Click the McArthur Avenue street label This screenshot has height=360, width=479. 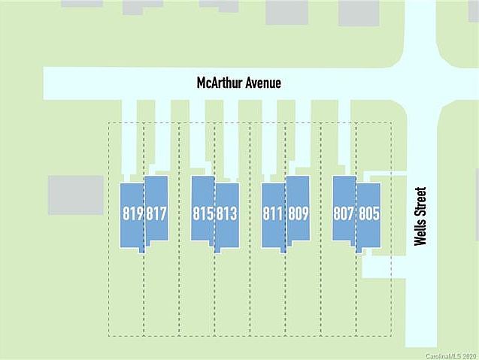239,83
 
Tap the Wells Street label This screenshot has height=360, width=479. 420,216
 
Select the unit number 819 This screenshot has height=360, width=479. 133,213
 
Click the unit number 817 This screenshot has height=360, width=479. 156,213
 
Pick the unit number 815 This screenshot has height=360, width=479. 203,213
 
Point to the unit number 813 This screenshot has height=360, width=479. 227,213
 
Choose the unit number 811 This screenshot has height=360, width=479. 272,213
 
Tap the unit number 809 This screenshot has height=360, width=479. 299,213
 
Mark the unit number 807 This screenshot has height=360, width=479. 344,213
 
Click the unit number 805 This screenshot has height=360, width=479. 369,213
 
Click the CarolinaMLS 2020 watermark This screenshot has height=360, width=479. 451,356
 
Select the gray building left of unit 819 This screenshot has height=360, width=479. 76,195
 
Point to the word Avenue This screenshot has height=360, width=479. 264,83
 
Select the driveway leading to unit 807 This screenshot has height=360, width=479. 345,138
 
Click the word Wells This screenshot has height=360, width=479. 420,233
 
